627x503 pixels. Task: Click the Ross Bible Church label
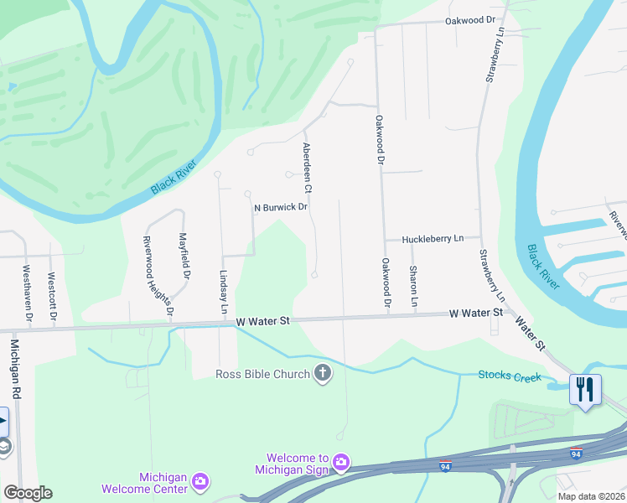pos(262,374)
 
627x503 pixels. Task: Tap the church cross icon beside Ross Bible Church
pos(323,374)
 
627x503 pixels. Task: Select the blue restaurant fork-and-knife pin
pos(585,390)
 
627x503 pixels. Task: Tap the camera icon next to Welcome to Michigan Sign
pos(341,462)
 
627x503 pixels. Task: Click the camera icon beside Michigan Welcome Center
pos(199,481)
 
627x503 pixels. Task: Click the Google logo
pos(28,493)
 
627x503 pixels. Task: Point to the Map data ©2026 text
pos(590,496)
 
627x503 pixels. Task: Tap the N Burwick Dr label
pos(282,207)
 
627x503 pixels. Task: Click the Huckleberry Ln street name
pos(433,239)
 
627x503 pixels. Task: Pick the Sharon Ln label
pos(413,285)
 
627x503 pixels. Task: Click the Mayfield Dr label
pos(184,262)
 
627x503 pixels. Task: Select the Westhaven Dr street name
pos(27,293)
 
